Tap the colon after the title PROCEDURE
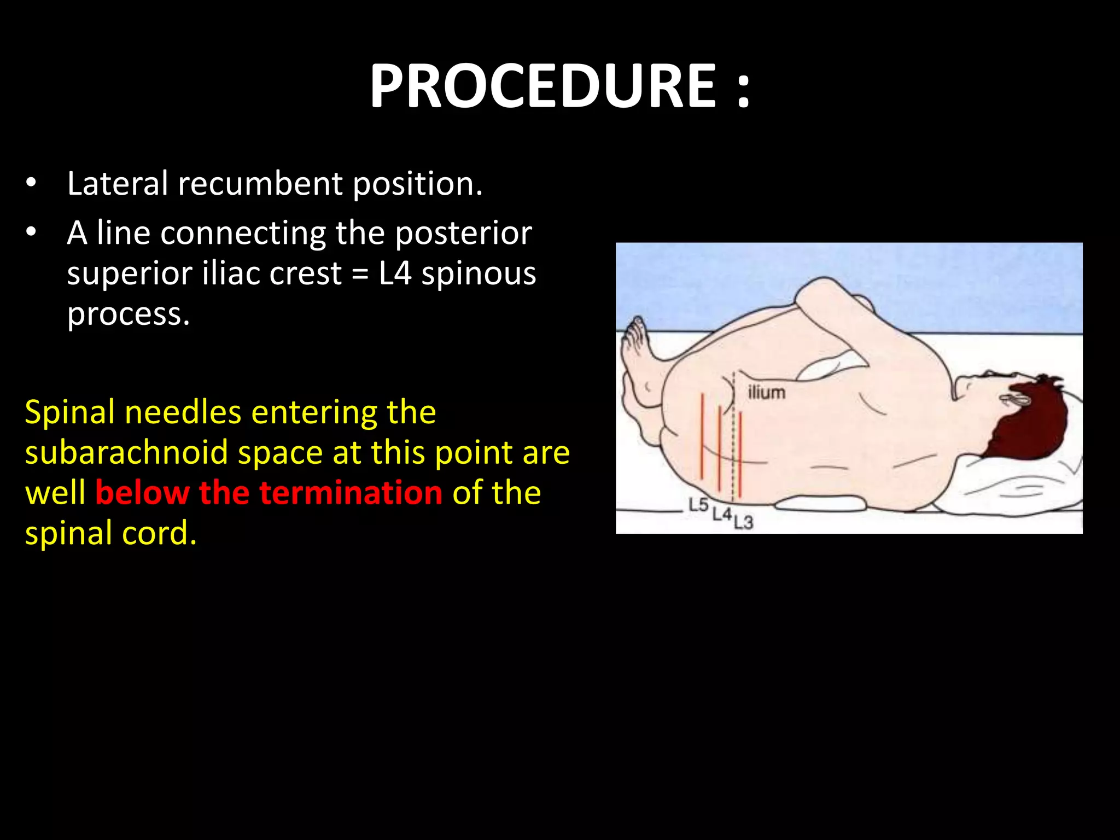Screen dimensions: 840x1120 (x=743, y=87)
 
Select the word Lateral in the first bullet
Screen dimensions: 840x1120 (x=118, y=183)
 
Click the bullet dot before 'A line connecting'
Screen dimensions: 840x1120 (x=31, y=232)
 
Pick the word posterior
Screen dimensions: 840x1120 (x=463, y=234)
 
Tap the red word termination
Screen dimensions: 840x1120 (x=351, y=493)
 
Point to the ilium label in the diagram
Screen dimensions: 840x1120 (x=766, y=392)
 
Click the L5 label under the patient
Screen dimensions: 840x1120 (x=698, y=505)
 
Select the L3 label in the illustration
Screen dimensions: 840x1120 (x=743, y=522)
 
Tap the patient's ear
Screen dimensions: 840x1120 (x=1016, y=399)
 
